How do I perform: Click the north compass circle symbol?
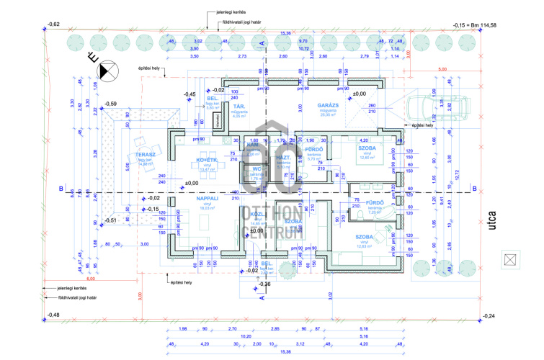[x=109, y=70]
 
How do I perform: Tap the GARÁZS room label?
[x=329, y=106]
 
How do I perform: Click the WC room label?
[x=255, y=169]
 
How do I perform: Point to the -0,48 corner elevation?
[x=52, y=315]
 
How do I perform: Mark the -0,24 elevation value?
[x=490, y=317]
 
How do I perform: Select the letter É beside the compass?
[x=92, y=55]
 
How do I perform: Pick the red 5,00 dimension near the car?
[x=442, y=70]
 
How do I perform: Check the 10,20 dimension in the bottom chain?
[x=245, y=336]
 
